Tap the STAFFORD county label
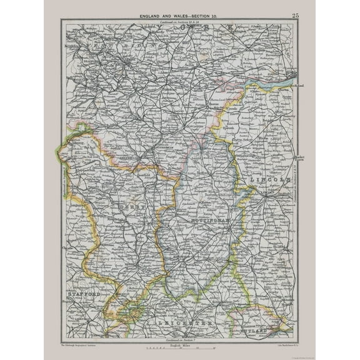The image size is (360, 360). pyautogui.click(x=81, y=292)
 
